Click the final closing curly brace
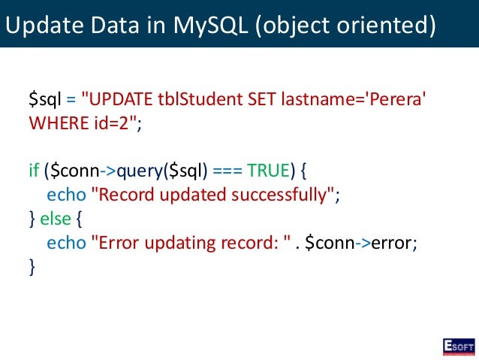32,266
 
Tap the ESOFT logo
458,346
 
